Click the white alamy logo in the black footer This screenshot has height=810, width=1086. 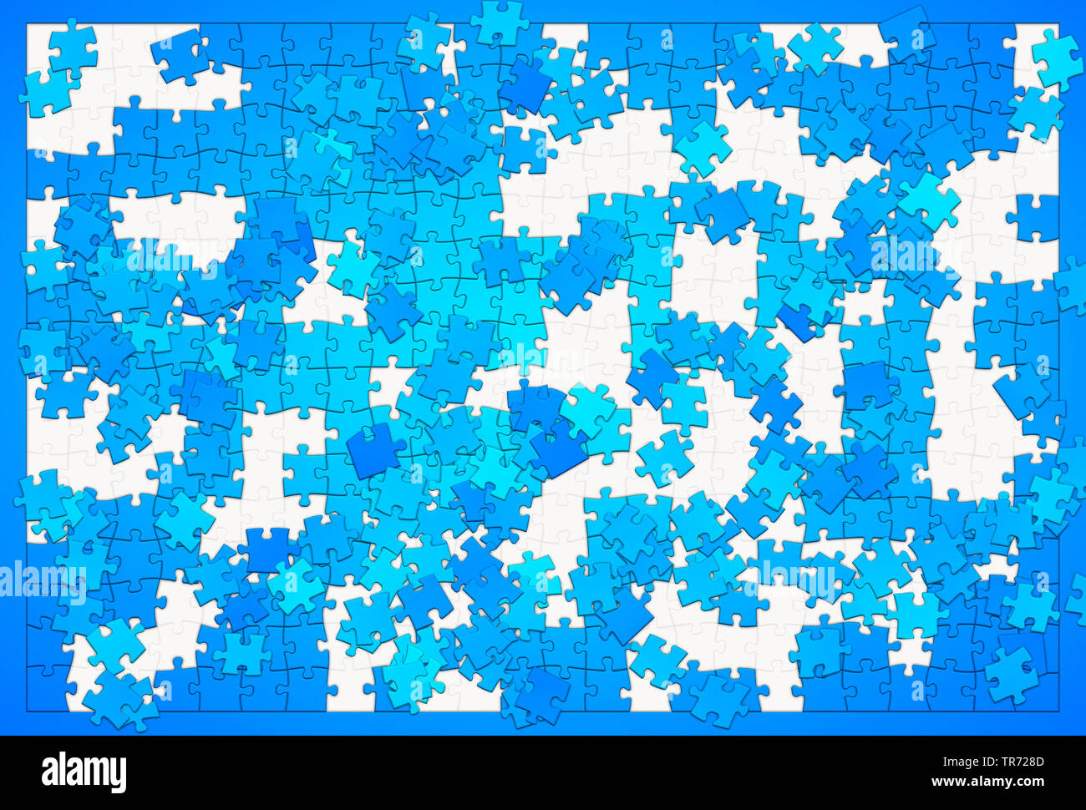pyautogui.click(x=84, y=772)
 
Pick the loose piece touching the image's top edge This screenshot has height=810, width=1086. pyautogui.click(x=500, y=20)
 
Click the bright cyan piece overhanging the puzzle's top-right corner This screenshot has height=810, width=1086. pyautogui.click(x=1056, y=57)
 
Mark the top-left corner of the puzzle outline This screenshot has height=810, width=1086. pyautogui.click(x=27, y=23)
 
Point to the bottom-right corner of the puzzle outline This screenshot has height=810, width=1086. pyautogui.click(x=1059, y=712)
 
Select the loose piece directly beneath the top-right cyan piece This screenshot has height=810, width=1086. pyautogui.click(x=1036, y=113)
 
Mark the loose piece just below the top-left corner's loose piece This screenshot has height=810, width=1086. pyautogui.click(x=46, y=92)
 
